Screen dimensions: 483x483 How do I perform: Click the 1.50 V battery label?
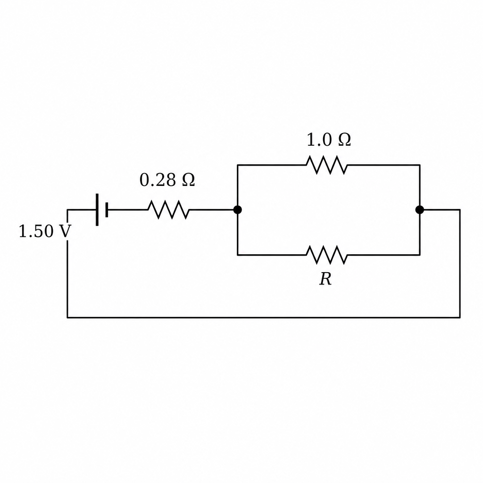pos(45,231)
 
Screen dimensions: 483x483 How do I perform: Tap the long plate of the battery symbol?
pos(97,210)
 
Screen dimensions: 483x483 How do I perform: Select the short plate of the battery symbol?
pos(107,210)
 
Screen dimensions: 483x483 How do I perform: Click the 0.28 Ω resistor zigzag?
pos(168,210)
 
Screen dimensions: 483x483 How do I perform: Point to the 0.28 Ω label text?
pos(167,180)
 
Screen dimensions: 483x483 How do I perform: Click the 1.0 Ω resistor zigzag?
pos(326,165)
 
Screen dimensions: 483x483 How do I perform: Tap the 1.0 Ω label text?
pos(329,140)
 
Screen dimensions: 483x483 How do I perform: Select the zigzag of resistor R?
pos(326,255)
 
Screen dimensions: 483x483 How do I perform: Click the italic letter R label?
pos(325,279)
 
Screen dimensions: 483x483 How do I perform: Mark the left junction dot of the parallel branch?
pos(238,210)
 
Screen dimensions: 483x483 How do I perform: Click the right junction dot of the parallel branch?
pos(419,210)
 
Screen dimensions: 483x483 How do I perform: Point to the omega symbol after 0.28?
pos(188,180)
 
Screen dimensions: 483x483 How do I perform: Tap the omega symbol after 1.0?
pos(344,140)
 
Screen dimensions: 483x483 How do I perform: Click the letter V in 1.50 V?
pos(65,231)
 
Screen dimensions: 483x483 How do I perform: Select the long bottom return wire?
pos(264,317)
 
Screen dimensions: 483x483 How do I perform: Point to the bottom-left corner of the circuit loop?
pos(67,317)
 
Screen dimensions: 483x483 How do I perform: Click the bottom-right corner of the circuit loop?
pos(460,317)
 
